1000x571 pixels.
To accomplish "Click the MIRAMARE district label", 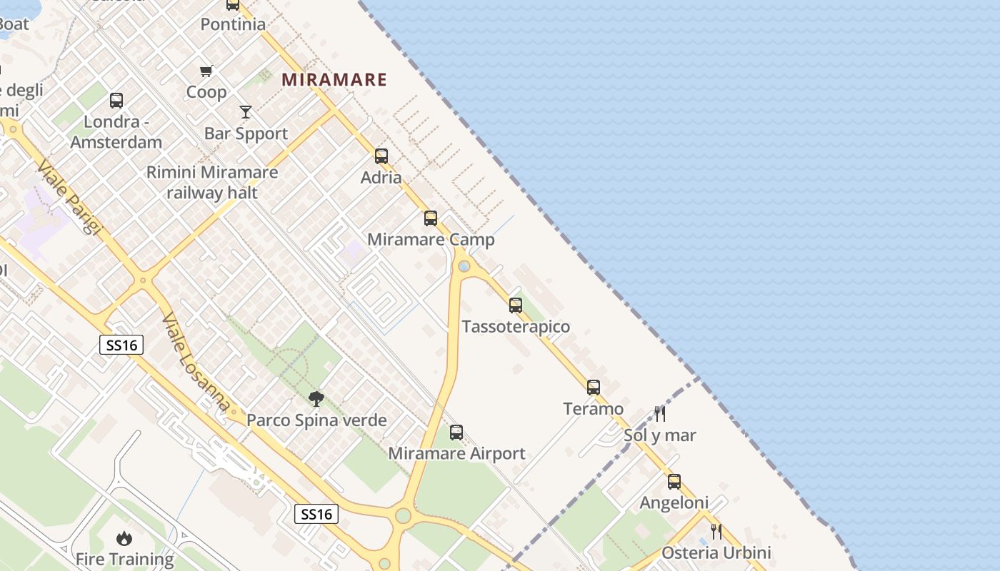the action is [x=334, y=79].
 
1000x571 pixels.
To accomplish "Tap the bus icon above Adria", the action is [x=381, y=156].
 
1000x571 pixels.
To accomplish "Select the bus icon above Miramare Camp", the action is [x=431, y=218].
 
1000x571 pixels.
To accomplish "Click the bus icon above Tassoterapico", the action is [x=516, y=305].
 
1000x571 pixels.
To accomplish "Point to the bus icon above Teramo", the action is [x=594, y=388].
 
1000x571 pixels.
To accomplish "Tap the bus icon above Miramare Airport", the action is [x=456, y=432].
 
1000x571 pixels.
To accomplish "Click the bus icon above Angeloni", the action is [x=674, y=481].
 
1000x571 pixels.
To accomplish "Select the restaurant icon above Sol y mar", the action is [x=660, y=413].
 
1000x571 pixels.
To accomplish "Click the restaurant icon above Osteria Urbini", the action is [x=716, y=531].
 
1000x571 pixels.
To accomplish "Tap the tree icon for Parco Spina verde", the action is [x=316, y=398].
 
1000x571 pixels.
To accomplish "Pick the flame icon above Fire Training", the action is [x=124, y=537].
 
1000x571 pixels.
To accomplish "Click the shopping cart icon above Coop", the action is [x=206, y=71].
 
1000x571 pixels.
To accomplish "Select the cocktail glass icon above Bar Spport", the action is [x=246, y=112].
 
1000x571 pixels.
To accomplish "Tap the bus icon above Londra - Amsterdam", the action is [x=116, y=101].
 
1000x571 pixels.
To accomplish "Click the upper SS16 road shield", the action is [x=121, y=345].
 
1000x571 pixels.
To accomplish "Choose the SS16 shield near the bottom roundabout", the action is [x=316, y=514].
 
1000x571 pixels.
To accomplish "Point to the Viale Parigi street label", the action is [x=69, y=197].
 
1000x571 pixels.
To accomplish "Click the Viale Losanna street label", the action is [x=196, y=363].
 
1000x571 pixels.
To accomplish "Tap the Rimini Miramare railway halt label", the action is [x=212, y=182].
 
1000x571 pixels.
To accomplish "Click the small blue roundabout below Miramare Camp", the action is [x=464, y=266].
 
